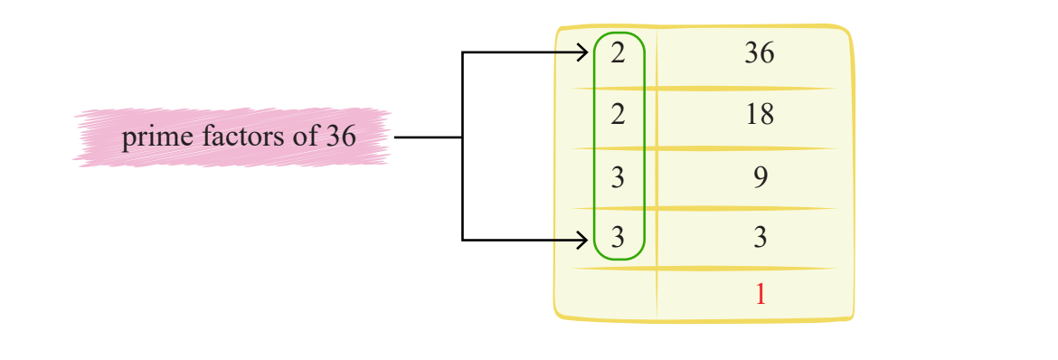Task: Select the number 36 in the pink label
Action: point(340,137)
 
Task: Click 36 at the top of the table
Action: point(760,54)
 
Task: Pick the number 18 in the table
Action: point(760,116)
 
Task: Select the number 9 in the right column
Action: point(760,177)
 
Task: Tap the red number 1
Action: point(760,295)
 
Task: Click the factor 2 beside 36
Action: point(619,54)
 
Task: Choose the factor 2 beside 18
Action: point(619,116)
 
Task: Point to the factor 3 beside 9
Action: point(619,177)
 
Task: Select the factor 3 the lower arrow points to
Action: point(619,238)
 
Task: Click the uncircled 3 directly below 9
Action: point(760,238)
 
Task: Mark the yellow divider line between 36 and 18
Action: point(705,88)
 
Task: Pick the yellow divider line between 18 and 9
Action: point(705,148)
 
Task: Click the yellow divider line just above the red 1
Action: point(705,269)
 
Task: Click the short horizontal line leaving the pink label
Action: point(428,137)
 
